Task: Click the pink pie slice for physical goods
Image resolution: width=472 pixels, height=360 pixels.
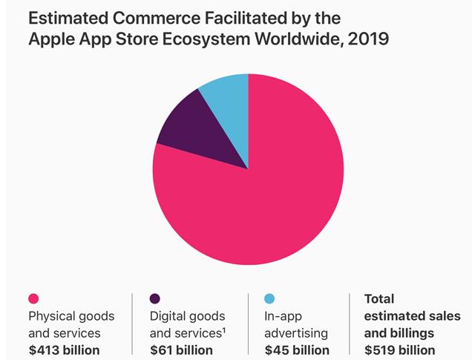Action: [x=260, y=193]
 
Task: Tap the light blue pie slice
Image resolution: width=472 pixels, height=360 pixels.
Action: [x=229, y=101]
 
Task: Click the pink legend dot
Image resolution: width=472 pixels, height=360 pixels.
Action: [x=33, y=298]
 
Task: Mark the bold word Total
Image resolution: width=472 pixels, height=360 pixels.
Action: [x=379, y=299]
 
